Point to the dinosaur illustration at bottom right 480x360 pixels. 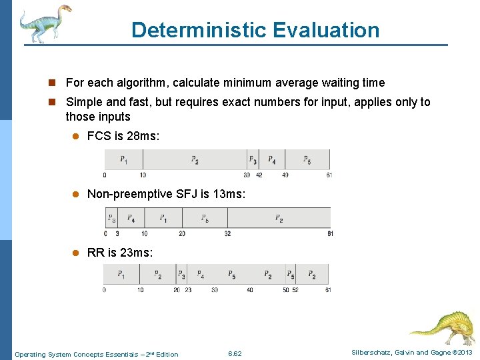click(443, 326)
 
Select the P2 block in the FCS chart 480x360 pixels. click(195, 159)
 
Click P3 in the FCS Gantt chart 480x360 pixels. click(253, 159)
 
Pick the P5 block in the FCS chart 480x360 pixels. click(307, 159)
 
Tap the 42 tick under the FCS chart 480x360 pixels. click(259, 175)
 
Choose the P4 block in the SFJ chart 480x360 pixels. click(131, 218)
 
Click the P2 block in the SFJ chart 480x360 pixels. click(279, 218)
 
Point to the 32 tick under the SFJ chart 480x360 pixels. click(227, 234)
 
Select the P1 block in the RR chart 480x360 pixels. click(121, 274)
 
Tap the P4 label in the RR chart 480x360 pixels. click(200, 275)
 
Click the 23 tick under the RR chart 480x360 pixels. click(188, 290)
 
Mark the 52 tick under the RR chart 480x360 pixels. click(295, 290)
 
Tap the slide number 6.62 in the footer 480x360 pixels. click(235, 354)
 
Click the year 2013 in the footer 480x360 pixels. click(463, 353)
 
